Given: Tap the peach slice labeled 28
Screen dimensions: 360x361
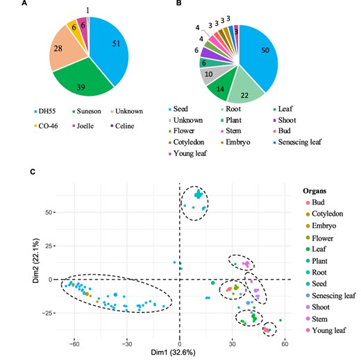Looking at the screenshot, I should pyautogui.click(x=54, y=45).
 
